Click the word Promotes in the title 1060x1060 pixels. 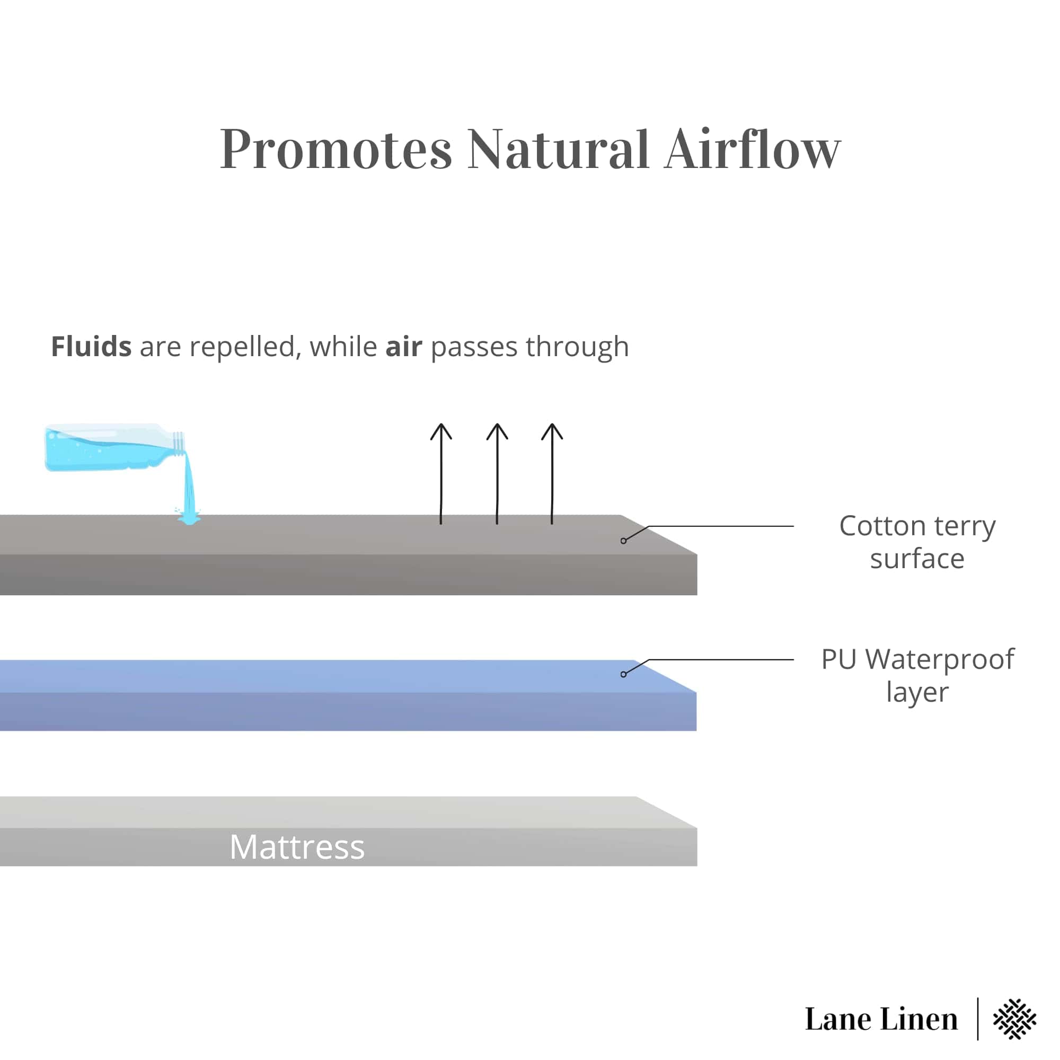[336, 149]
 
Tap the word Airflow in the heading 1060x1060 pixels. [752, 149]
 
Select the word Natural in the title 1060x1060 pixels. [558, 149]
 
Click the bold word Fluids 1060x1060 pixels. [91, 347]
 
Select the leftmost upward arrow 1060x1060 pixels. [441, 473]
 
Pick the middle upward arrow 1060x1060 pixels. [497, 473]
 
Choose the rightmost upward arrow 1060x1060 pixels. [552, 473]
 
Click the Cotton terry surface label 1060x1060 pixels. [917, 542]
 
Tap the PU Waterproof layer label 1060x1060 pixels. [917, 675]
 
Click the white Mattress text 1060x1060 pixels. [297, 847]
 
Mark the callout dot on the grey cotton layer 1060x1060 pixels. [623, 541]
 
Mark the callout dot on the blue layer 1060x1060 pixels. [623, 674]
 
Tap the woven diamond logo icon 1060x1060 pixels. [1014, 1019]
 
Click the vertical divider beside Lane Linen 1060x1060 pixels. [978, 1019]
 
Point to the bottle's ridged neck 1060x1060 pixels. [179, 442]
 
